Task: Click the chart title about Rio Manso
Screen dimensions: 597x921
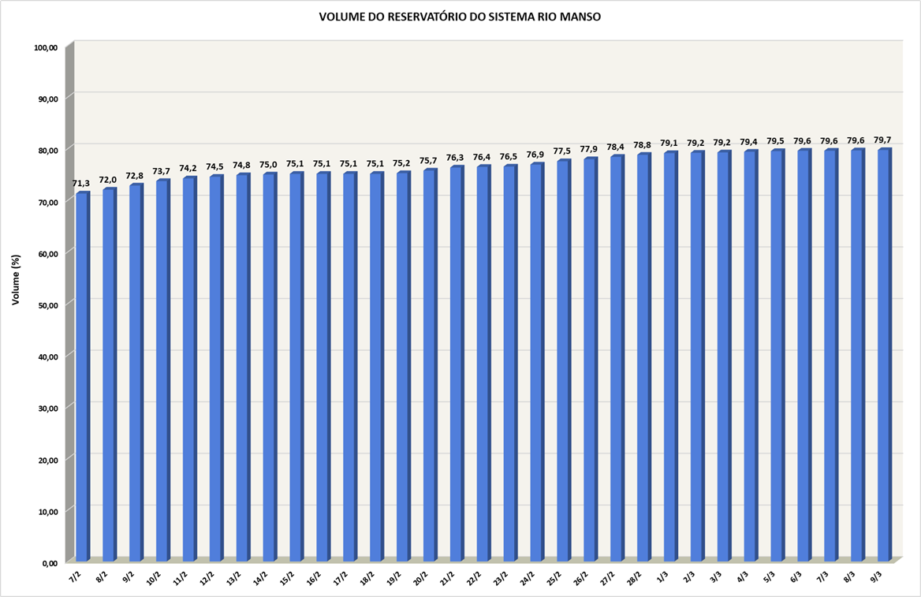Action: (460, 17)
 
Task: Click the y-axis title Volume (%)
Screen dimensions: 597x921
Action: (16, 280)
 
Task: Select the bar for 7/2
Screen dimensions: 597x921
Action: (82, 379)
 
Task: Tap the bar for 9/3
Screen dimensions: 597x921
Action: (884, 355)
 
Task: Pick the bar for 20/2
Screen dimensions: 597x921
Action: (430, 367)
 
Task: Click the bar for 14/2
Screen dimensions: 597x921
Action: (269, 369)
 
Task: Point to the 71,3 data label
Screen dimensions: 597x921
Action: (81, 184)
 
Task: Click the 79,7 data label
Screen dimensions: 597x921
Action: (882, 140)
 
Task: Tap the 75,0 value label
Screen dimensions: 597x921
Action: (268, 164)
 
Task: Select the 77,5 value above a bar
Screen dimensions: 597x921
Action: (562, 151)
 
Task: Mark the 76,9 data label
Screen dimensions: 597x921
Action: (535, 155)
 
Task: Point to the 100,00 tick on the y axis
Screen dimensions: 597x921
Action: (47, 48)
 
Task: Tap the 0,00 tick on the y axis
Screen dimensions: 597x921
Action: (50, 563)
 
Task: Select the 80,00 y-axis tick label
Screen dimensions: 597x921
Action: (48, 151)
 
